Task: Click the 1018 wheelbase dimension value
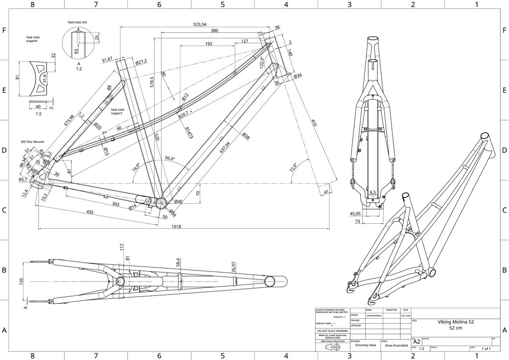click(176, 226)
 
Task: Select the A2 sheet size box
click(416, 342)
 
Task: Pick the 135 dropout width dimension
click(21, 281)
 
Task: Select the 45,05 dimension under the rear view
click(355, 214)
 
